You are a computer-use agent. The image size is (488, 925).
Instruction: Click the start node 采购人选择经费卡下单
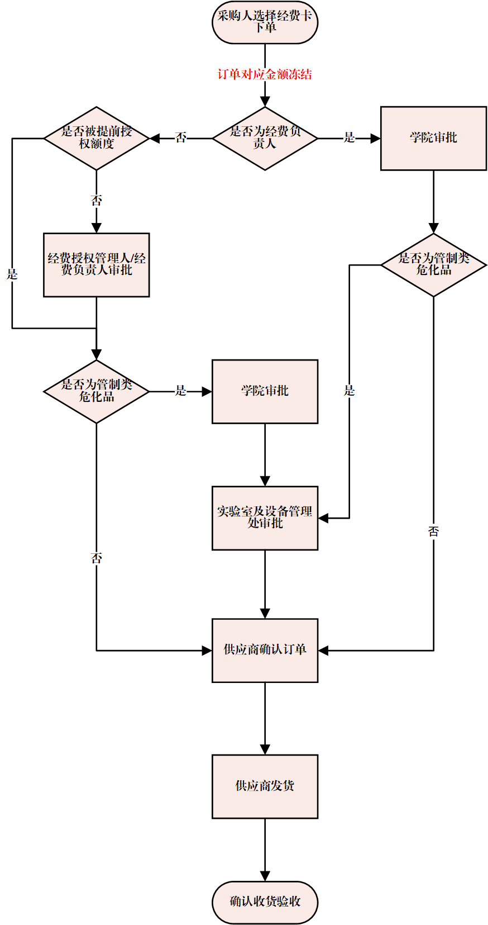point(265,22)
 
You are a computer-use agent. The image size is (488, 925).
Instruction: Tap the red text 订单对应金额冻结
point(265,74)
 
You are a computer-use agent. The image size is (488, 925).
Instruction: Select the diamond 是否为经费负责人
point(265,138)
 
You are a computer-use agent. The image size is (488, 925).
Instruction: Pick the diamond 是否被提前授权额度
point(97,138)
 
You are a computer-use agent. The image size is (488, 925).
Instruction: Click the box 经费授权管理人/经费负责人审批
point(97,264)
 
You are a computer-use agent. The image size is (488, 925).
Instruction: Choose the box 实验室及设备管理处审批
point(265,518)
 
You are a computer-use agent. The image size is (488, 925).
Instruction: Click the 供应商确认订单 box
point(265,650)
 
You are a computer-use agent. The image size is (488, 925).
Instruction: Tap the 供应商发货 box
point(265,786)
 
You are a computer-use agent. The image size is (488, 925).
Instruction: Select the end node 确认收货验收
point(265,902)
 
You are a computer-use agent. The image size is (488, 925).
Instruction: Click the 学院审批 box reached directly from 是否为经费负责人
point(433,138)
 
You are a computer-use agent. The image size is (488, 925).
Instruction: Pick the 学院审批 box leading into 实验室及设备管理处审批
point(265,391)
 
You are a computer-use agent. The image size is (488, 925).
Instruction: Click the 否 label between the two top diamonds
point(181,137)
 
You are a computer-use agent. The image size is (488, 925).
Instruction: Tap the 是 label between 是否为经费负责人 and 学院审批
point(350,137)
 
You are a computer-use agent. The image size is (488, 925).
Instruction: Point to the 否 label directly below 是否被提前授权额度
point(97,200)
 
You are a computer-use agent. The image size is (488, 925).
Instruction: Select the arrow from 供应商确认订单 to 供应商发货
point(265,718)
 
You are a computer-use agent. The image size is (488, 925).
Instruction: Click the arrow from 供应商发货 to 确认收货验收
point(265,850)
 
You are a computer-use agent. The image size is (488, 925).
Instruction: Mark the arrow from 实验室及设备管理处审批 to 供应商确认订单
point(265,584)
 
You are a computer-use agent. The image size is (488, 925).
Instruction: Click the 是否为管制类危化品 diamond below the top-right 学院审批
point(433,264)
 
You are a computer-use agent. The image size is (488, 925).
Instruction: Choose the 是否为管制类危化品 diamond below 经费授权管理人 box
point(97,391)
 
